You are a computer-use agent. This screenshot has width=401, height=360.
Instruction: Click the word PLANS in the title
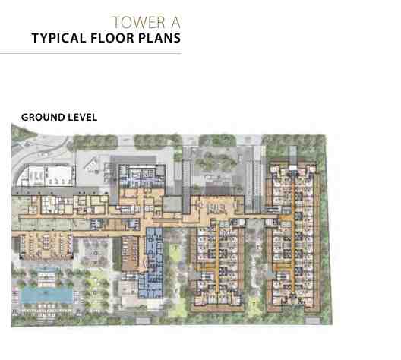click(159, 38)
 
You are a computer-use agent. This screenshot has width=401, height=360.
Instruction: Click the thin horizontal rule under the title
click(90, 54)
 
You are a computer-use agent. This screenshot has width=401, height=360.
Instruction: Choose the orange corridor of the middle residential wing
click(216, 258)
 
